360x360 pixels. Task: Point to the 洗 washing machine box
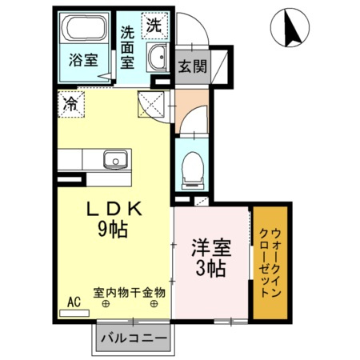[153, 25]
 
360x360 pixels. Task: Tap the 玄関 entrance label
[192, 66]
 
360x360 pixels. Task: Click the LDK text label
[114, 210]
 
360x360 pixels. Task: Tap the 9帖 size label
[114, 229]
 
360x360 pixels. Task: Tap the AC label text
[74, 302]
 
